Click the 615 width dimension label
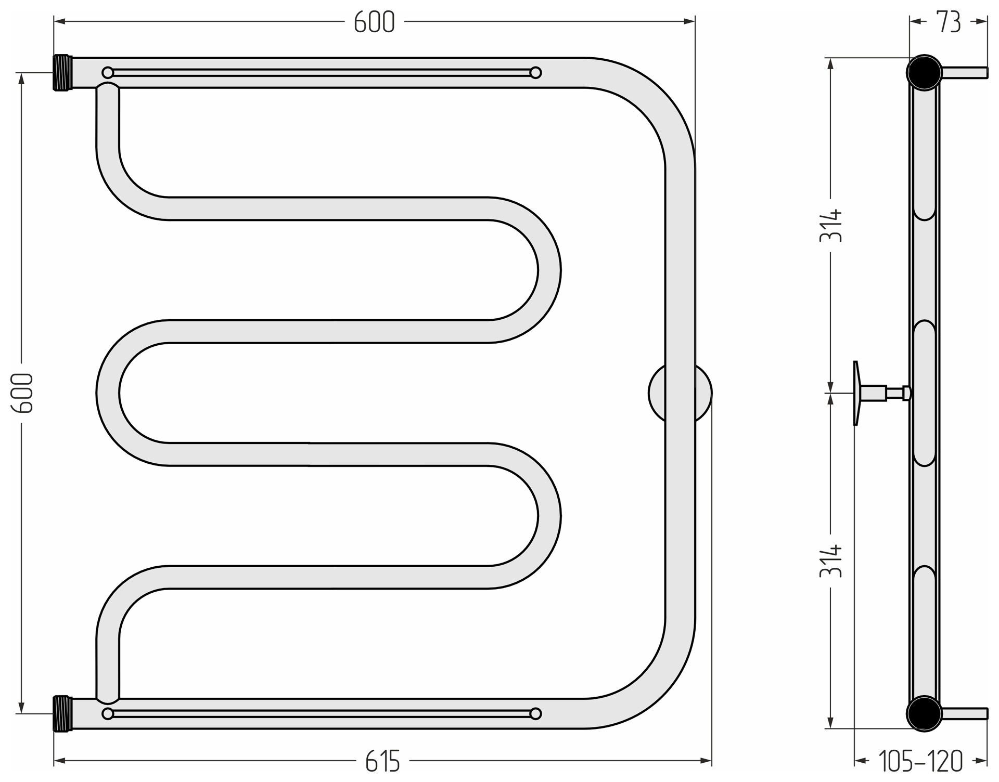coord(382,762)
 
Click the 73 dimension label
coord(949,22)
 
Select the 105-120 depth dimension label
coord(920,762)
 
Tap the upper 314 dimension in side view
coord(831,225)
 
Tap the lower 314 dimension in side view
coord(831,561)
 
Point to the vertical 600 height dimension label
coord(22,393)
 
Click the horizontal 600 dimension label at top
coord(374,22)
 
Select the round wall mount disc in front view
coord(680,394)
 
